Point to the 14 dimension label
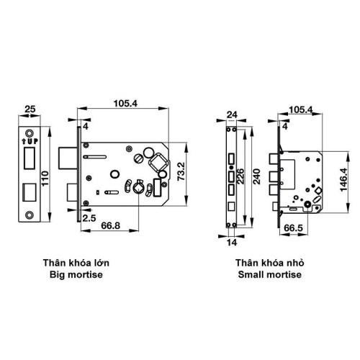tap(232, 242)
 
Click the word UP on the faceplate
tap(29, 140)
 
